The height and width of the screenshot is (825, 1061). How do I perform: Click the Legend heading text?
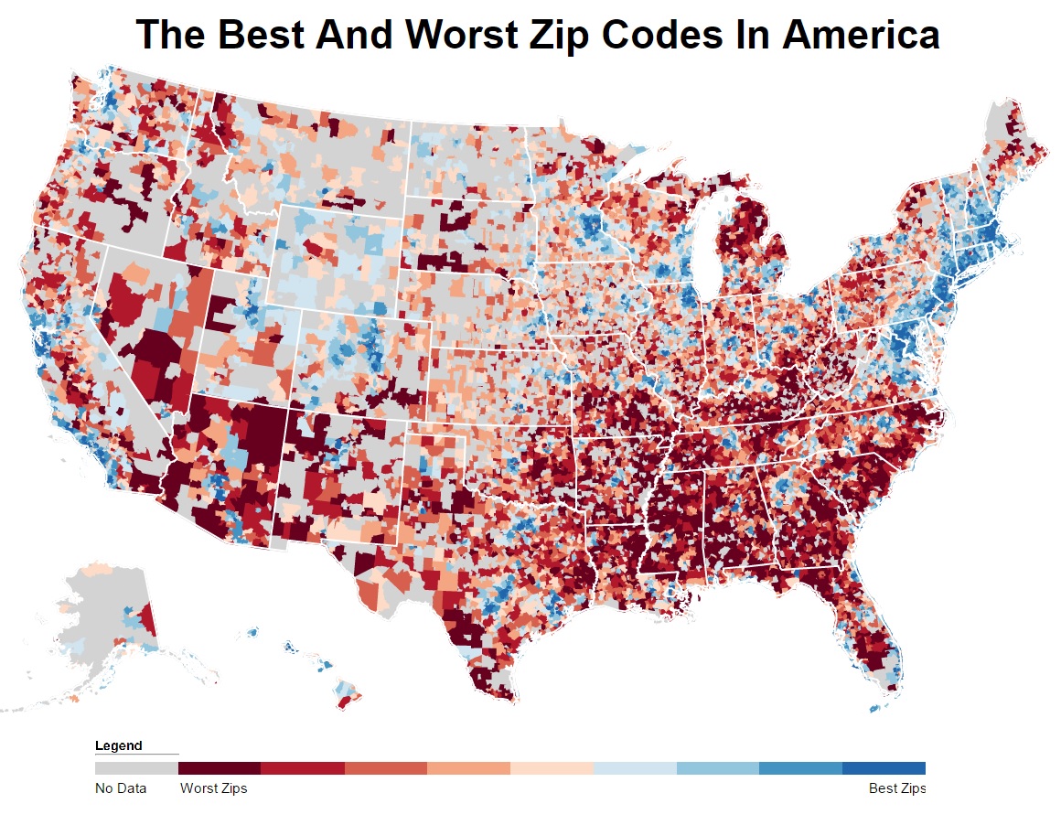coord(118,745)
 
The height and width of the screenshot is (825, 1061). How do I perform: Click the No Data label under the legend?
coord(120,788)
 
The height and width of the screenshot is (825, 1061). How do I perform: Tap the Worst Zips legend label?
coord(213,788)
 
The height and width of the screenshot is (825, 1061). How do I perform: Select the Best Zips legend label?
coord(896,788)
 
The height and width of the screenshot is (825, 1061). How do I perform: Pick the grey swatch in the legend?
coord(136,768)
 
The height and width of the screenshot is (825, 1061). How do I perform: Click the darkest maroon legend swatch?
coord(220,768)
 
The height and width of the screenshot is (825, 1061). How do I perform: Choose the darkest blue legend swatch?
coord(884,768)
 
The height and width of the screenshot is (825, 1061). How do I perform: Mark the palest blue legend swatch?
coord(635,768)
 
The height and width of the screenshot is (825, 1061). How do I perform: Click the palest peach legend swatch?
coord(552,768)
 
